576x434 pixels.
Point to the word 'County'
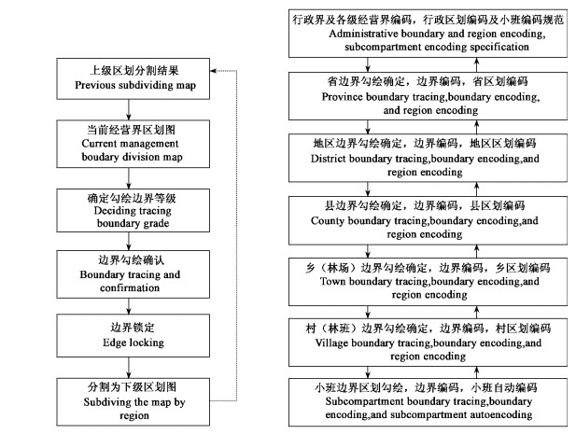tap(340, 220)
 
